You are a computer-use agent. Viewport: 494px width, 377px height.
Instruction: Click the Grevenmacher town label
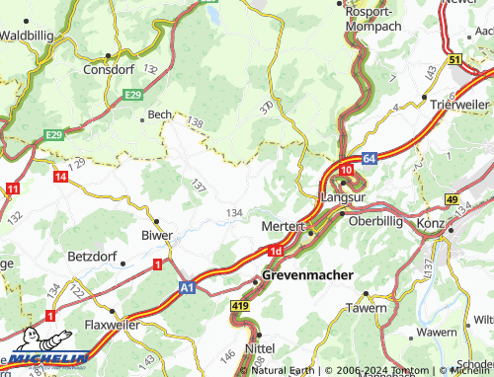[307, 275]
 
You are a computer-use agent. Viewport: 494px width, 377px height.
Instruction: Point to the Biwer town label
[158, 235]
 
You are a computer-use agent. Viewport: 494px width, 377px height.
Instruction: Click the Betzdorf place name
[94, 257]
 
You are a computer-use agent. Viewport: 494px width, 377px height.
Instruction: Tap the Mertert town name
[282, 226]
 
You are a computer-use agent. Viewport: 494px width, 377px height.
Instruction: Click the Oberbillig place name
[374, 221]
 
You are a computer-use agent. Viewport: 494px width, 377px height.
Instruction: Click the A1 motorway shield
[188, 285]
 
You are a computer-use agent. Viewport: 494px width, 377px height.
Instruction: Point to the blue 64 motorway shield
[368, 157]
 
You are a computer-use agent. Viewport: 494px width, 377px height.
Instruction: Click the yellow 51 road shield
[454, 60]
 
